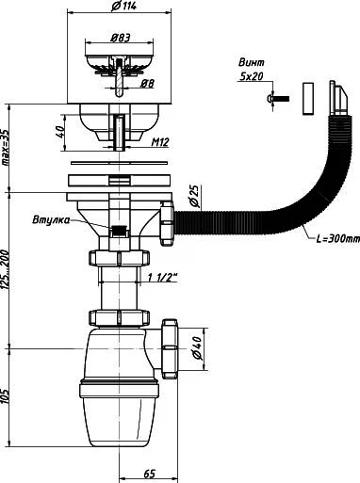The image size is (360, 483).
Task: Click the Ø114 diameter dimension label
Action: click(123, 6)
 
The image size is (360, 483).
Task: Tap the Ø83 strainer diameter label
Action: click(120, 38)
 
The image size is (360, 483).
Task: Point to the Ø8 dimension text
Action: click(147, 83)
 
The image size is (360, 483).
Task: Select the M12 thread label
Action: click(160, 142)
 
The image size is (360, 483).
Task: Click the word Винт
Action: click(252, 62)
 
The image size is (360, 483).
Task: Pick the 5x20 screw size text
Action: click(252, 76)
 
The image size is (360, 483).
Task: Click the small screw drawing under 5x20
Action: click(278, 99)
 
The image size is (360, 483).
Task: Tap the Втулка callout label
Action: click(51, 219)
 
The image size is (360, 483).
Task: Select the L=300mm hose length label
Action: click(337, 239)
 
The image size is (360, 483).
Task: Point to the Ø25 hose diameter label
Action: click(194, 197)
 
